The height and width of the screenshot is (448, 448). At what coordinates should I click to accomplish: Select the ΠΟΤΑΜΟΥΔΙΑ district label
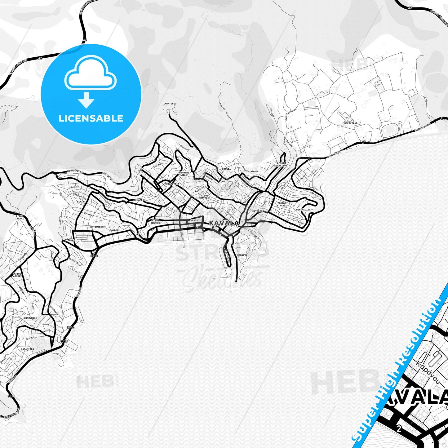coord(172,184)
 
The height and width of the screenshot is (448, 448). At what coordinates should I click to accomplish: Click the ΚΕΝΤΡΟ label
coord(195,220)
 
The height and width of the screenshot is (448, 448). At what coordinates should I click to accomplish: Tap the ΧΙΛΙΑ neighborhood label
coord(80,202)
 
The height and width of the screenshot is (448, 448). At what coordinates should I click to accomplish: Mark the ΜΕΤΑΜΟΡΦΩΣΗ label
coord(98,227)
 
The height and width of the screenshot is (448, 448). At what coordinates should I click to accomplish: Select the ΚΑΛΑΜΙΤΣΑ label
coord(27,349)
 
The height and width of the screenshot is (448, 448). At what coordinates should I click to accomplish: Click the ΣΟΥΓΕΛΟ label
coord(257,211)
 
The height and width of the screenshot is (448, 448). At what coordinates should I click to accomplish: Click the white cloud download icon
coord(90,77)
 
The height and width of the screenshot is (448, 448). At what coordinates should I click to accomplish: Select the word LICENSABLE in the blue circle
coord(91,118)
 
